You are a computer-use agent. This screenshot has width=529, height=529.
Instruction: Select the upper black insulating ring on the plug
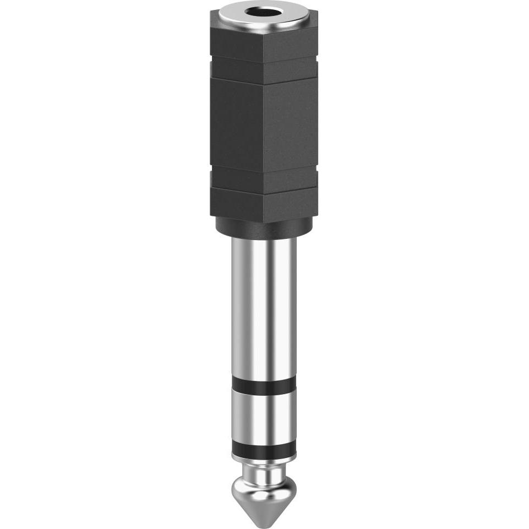coord(264,384)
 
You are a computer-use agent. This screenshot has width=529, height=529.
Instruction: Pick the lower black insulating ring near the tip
coord(264,449)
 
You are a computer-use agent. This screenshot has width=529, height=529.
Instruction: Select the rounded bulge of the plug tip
coord(264,490)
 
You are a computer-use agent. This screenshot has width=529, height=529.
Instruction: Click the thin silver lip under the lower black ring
coord(264,459)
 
